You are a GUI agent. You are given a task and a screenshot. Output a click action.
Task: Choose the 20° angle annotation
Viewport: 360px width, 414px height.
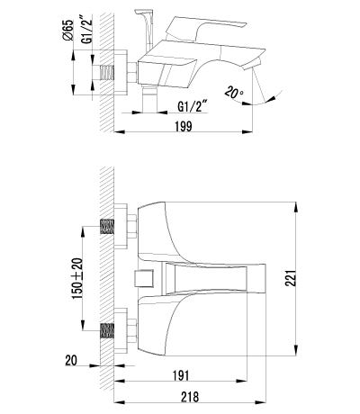235,93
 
